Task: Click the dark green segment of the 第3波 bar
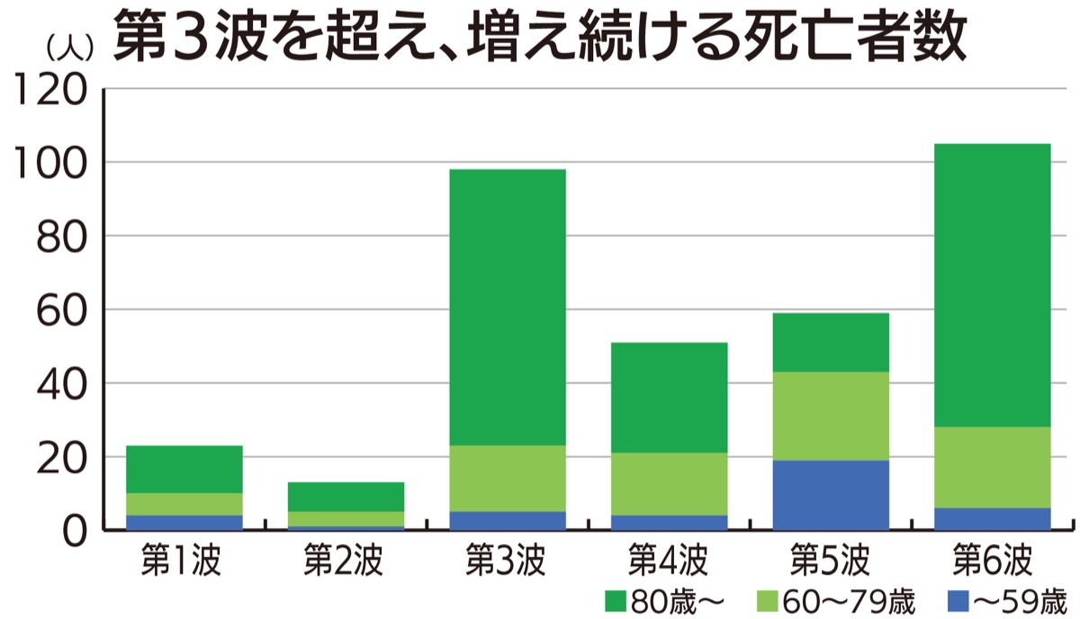[x=508, y=307]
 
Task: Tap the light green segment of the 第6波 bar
[x=993, y=467]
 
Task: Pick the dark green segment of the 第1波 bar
[x=184, y=469]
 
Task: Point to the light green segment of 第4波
[x=670, y=484]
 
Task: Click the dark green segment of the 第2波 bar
[x=346, y=497]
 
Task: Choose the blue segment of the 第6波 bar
[x=993, y=519]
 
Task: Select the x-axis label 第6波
[x=991, y=560]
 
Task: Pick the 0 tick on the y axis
[x=75, y=531]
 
